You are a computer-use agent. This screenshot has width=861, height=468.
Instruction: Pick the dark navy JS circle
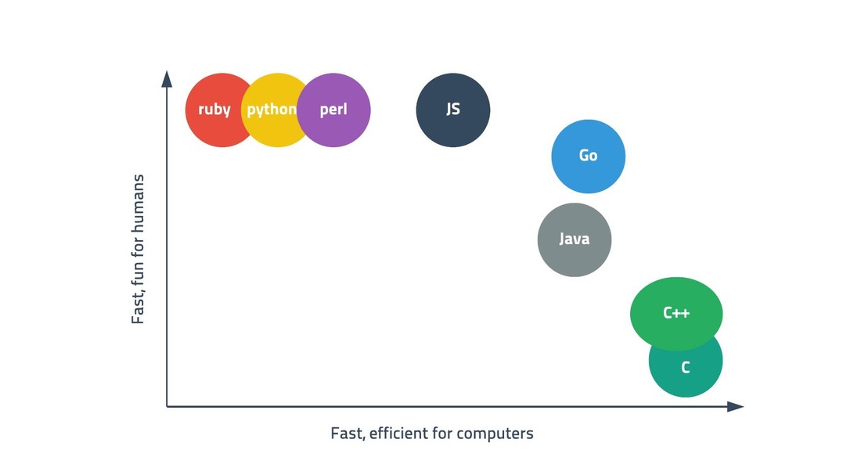pyautogui.click(x=453, y=110)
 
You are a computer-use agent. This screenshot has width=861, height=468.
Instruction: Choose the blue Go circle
pyautogui.click(x=588, y=157)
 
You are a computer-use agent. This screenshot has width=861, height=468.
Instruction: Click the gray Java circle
pyautogui.click(x=575, y=240)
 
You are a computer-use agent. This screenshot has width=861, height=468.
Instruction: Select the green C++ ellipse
pyautogui.click(x=676, y=314)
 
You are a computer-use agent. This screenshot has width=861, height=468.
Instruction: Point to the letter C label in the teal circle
pyautogui.click(x=686, y=368)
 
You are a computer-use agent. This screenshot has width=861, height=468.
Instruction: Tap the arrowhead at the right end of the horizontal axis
pyautogui.click(x=735, y=406)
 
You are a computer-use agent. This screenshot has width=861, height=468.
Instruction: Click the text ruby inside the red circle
pyautogui.click(x=214, y=110)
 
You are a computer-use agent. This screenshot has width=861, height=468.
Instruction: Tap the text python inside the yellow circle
pyautogui.click(x=272, y=110)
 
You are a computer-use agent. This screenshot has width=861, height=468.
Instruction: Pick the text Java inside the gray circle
pyautogui.click(x=575, y=239)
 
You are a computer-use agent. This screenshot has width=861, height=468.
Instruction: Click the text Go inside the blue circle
pyautogui.click(x=588, y=156)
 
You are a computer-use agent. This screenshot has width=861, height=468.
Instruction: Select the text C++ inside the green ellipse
pyautogui.click(x=676, y=313)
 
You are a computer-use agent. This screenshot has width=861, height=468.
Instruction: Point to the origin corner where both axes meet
pyautogui.click(x=167, y=406)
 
